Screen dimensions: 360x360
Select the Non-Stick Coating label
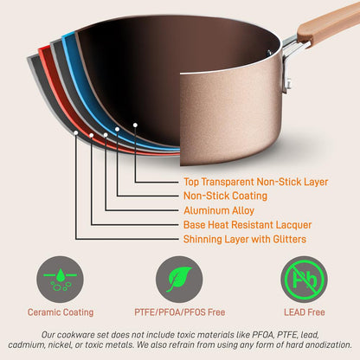pyautogui.click(x=225, y=196)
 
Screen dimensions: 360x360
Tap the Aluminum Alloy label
pyautogui.click(x=218, y=209)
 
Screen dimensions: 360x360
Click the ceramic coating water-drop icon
pyautogui.click(x=60, y=279)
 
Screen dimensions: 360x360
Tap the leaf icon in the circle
pyautogui.click(x=179, y=279)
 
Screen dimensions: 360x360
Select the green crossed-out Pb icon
pyautogui.click(x=305, y=279)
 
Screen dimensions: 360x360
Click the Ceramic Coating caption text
pyautogui.click(x=60, y=312)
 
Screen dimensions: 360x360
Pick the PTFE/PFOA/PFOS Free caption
pyautogui.click(x=180, y=312)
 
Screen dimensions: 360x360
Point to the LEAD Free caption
pyautogui.click(x=305, y=312)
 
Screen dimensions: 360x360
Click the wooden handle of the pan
pyautogui.click(x=329, y=26)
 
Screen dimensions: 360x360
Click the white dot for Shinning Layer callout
pyautogui.click(x=76, y=134)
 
